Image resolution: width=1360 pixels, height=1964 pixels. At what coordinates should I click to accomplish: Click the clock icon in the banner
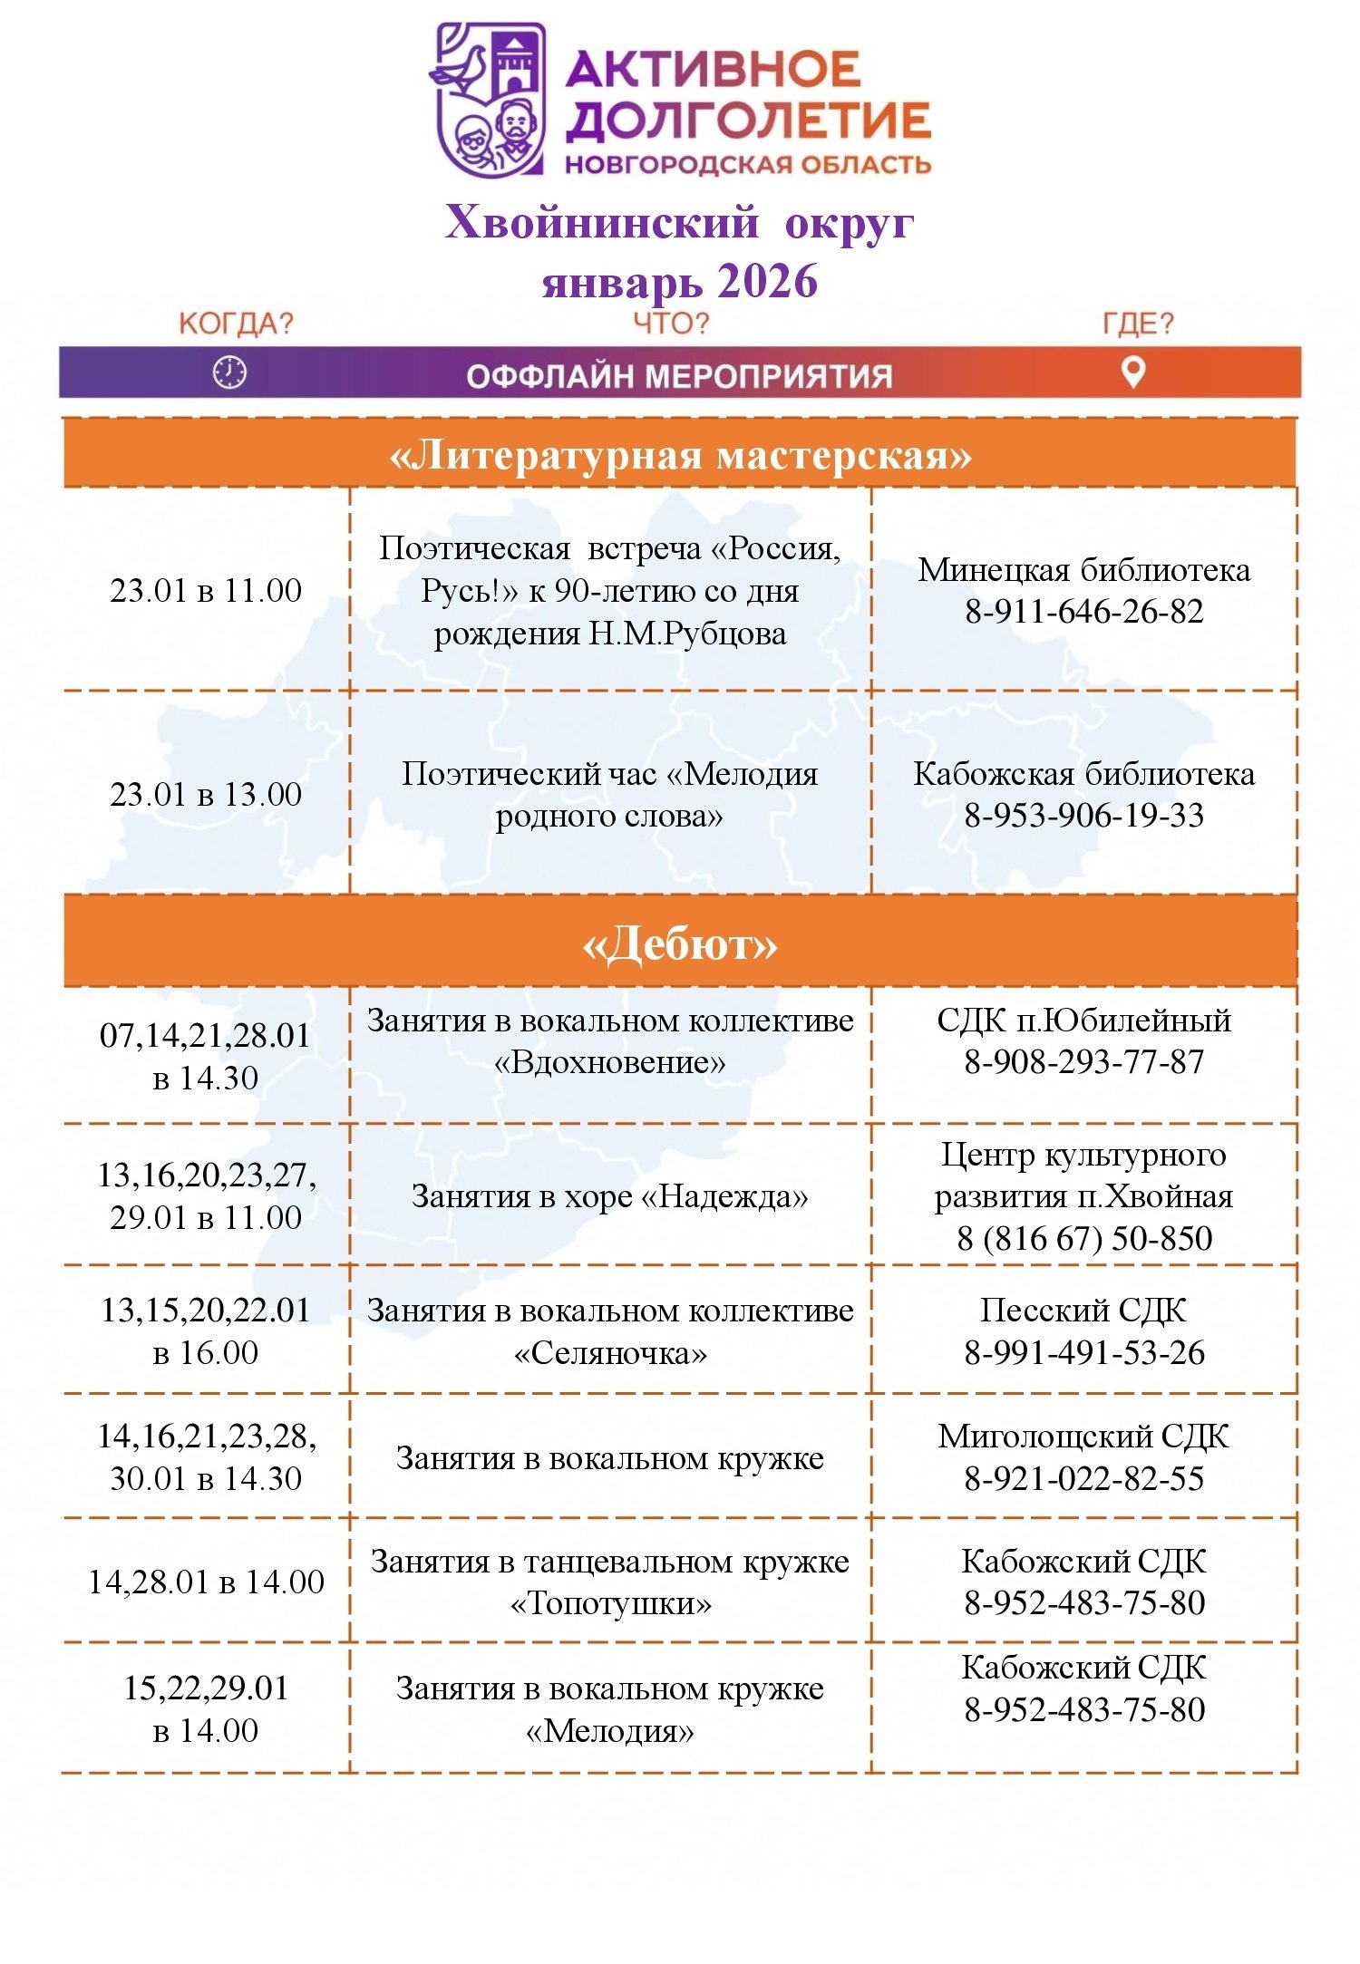coord(229,372)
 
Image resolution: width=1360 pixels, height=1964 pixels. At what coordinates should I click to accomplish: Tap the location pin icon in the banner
coord(1133,372)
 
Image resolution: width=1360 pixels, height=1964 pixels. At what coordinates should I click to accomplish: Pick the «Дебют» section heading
coord(680,944)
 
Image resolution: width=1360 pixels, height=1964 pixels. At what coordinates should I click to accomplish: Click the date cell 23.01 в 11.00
coord(206,591)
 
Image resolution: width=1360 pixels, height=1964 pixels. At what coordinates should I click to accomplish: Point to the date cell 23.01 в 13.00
coord(206,795)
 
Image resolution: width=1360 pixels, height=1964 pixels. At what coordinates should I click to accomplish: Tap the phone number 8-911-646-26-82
coord(1084,612)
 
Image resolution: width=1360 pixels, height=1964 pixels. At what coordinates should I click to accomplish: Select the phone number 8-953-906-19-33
coord(1084,816)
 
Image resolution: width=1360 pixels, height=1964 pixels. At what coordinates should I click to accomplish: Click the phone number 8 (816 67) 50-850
coord(1084,1238)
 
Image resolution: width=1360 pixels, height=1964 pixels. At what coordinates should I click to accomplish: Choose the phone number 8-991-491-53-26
coord(1084,1353)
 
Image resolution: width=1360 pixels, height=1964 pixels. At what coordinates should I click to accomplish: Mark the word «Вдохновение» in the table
coord(610,1062)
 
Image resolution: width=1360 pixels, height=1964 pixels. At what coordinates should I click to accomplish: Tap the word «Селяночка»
coord(610,1354)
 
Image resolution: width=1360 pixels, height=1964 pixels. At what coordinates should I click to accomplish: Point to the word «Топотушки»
coord(610,1604)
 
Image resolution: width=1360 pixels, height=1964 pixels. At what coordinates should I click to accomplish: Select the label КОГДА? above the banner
coord(236,324)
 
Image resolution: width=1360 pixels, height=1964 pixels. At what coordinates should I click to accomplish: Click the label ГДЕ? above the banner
coord(1138,324)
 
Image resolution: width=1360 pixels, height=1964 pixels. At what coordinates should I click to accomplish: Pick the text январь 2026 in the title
coord(680,281)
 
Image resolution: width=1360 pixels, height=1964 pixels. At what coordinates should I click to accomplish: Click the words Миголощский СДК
coord(1084,1437)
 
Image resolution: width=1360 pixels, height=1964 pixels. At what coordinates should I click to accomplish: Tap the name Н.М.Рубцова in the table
coord(687,634)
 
